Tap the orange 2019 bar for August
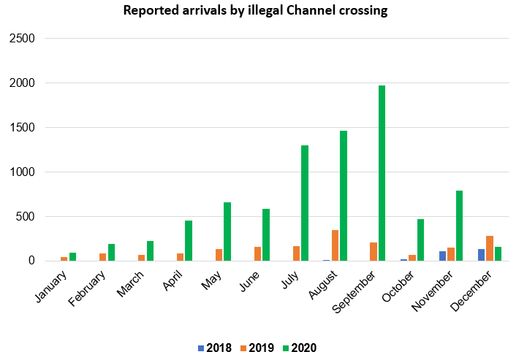click(x=335, y=245)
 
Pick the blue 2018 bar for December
click(x=481, y=255)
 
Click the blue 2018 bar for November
click(x=442, y=256)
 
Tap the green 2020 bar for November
click(x=459, y=226)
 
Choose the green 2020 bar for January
click(x=73, y=256)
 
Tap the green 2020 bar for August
click(x=343, y=196)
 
